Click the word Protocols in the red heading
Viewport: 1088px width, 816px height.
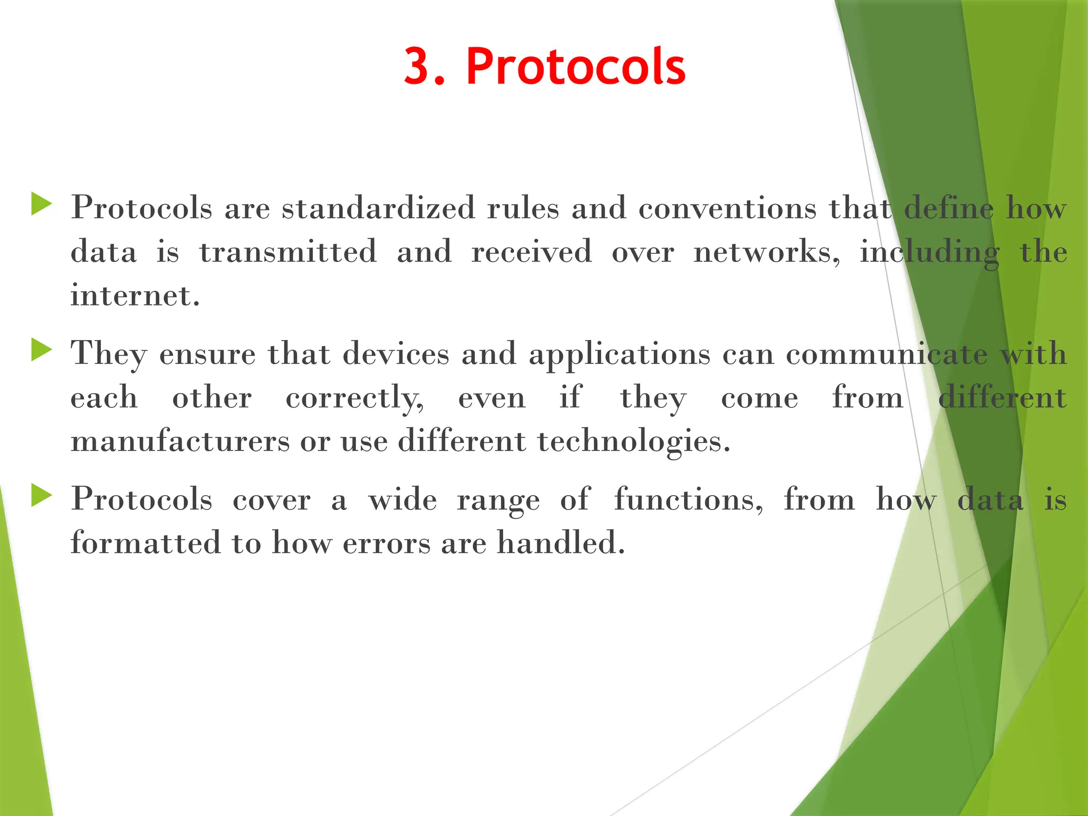[x=576, y=66]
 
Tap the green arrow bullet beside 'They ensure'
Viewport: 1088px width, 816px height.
[x=41, y=351]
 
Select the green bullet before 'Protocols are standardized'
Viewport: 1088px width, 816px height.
[x=41, y=205]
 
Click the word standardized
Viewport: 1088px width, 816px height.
[x=378, y=208]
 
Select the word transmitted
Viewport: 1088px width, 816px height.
[x=288, y=252]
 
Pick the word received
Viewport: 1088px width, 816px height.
[x=531, y=252]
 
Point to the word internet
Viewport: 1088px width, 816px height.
[x=134, y=295]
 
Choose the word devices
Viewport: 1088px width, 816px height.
[x=396, y=354]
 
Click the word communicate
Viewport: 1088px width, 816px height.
[x=886, y=354]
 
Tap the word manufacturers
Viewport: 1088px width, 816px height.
[x=180, y=441]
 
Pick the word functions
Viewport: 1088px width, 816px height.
[x=688, y=500]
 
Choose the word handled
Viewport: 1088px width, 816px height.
[x=560, y=543]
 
